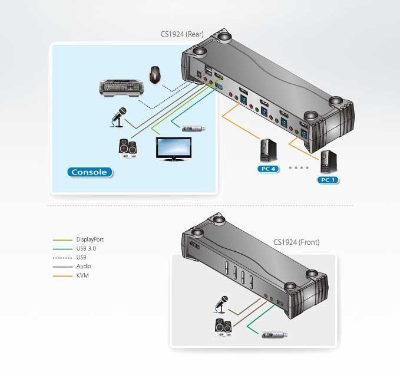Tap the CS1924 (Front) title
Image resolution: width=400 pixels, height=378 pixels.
click(x=296, y=242)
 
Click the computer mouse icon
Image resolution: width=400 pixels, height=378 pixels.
click(x=155, y=75)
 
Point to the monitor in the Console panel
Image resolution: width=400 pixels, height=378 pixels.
click(x=173, y=148)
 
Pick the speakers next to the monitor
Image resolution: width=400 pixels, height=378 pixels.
click(x=128, y=148)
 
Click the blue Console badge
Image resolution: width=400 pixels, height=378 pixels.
click(x=89, y=172)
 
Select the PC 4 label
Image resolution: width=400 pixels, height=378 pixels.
click(x=268, y=169)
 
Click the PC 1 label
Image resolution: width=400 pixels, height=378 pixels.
click(x=328, y=179)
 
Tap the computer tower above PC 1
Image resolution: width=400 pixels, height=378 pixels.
click(x=327, y=162)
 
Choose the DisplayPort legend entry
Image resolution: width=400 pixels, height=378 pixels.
click(x=90, y=239)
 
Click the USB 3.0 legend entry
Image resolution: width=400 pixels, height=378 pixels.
click(x=86, y=248)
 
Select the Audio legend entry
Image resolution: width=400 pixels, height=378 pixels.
click(x=83, y=267)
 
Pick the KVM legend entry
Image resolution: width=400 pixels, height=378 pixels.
click(x=82, y=275)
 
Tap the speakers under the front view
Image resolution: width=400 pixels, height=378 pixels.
click(x=223, y=326)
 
